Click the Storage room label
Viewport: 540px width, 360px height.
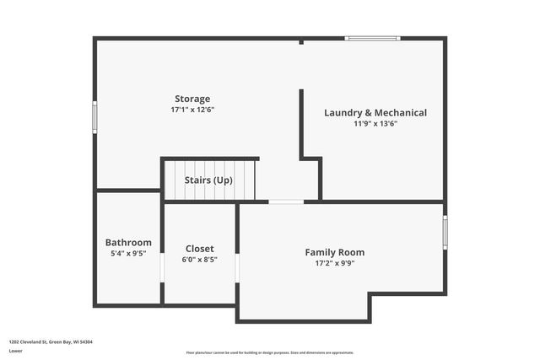[192, 99]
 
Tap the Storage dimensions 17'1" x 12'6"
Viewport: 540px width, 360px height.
[192, 110]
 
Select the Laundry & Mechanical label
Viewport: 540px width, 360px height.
[375, 112]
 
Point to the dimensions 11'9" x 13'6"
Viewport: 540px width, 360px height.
[375, 123]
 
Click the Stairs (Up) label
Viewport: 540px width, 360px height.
[209, 180]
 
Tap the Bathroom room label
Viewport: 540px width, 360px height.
[128, 242]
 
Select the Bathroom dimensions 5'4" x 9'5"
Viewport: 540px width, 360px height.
[128, 253]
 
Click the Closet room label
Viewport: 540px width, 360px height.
[199, 249]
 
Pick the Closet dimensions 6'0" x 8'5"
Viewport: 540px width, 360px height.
[199, 260]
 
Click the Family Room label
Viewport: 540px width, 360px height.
[335, 252]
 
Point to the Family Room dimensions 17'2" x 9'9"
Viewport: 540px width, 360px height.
[335, 263]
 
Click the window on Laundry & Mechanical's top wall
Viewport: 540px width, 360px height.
[372, 38]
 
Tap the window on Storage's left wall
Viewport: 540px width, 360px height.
[94, 117]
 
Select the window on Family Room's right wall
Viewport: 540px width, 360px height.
[445, 232]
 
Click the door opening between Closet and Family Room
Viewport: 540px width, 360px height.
[237, 267]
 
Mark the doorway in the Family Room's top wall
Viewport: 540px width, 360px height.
[286, 201]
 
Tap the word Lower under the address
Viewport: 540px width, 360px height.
[15, 351]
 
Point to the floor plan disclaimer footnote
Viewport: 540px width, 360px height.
[269, 352]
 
